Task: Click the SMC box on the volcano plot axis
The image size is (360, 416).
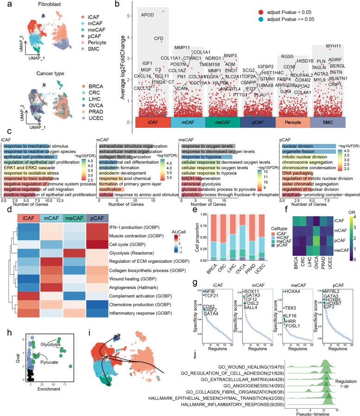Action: pos(328,122)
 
